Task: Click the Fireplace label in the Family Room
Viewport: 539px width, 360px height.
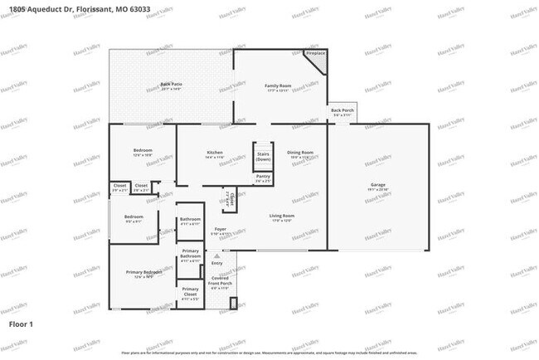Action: tap(315, 53)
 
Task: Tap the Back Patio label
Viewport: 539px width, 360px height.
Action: tap(171, 85)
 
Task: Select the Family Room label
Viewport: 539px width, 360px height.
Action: tap(277, 85)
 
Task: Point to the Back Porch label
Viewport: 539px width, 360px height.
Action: tap(342, 110)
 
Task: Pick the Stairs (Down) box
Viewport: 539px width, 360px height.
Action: tap(264, 156)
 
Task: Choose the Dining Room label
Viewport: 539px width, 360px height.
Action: tap(300, 153)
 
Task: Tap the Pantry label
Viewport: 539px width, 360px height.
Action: tap(263, 177)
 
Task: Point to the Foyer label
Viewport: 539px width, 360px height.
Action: tap(221, 229)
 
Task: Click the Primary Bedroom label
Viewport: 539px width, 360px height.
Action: tap(143, 272)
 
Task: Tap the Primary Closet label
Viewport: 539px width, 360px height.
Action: tap(190, 290)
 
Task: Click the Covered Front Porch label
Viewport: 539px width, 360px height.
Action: tap(220, 280)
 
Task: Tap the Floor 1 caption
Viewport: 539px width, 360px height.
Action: tap(21, 324)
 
